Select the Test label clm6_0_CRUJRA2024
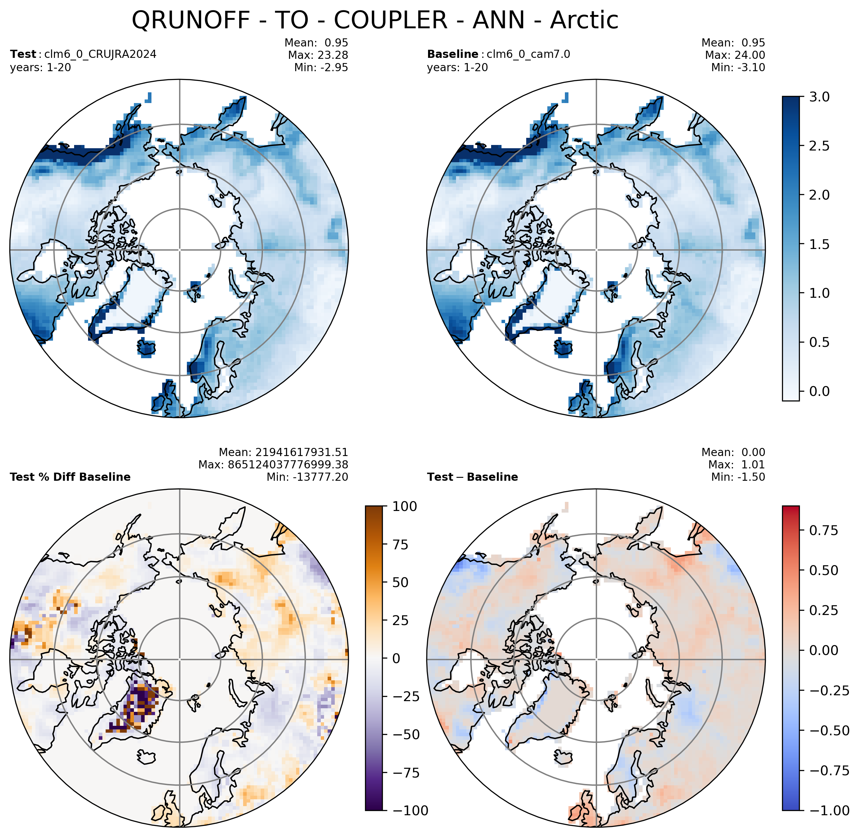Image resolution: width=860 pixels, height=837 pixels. point(100,55)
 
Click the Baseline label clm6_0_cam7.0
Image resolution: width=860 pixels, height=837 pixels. point(529,55)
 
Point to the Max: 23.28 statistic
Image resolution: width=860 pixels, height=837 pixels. point(318,55)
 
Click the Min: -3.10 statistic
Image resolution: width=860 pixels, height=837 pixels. point(738,67)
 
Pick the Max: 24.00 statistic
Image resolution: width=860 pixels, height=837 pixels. point(735,55)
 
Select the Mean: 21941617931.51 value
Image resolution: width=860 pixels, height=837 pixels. point(283,452)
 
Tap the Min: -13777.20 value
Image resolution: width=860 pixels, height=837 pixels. point(307,477)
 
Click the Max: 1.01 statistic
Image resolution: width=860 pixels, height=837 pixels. point(736,465)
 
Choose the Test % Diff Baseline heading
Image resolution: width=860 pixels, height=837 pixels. point(70,477)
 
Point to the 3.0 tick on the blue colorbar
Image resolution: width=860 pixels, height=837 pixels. point(820,97)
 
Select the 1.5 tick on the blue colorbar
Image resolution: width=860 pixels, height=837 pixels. point(820,244)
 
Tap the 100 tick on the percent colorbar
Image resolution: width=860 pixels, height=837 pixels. point(405,506)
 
